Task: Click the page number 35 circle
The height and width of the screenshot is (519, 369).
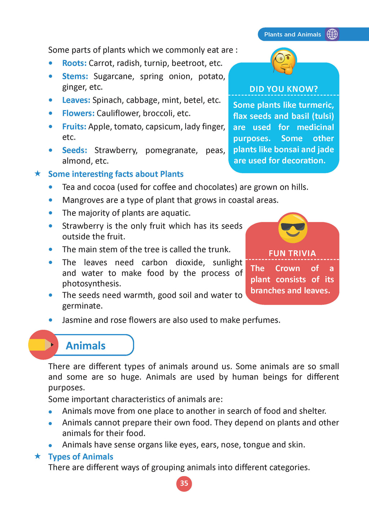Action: coord(184,483)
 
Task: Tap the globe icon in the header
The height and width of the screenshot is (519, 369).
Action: coord(332,34)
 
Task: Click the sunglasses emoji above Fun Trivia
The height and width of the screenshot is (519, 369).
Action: coord(293,228)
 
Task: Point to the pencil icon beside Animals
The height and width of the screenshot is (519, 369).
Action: coord(43,345)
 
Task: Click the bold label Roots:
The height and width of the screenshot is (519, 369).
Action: coord(74,63)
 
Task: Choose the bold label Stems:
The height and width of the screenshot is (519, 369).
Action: coord(75,76)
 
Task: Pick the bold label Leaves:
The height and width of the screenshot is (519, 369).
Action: coord(76,100)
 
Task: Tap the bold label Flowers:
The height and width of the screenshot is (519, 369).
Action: coord(78,113)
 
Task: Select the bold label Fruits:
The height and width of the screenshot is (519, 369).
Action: coord(74,127)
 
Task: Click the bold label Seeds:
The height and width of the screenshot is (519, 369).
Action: coord(75,150)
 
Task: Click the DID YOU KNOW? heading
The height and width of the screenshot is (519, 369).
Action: coord(284,89)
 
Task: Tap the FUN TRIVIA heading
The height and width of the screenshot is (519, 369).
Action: coord(292,253)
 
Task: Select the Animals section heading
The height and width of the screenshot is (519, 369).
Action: coord(86,346)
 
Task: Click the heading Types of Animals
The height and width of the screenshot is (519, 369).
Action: coord(81,457)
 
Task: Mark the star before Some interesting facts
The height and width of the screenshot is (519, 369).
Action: coord(37,174)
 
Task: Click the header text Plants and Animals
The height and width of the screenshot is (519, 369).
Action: coord(292,35)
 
